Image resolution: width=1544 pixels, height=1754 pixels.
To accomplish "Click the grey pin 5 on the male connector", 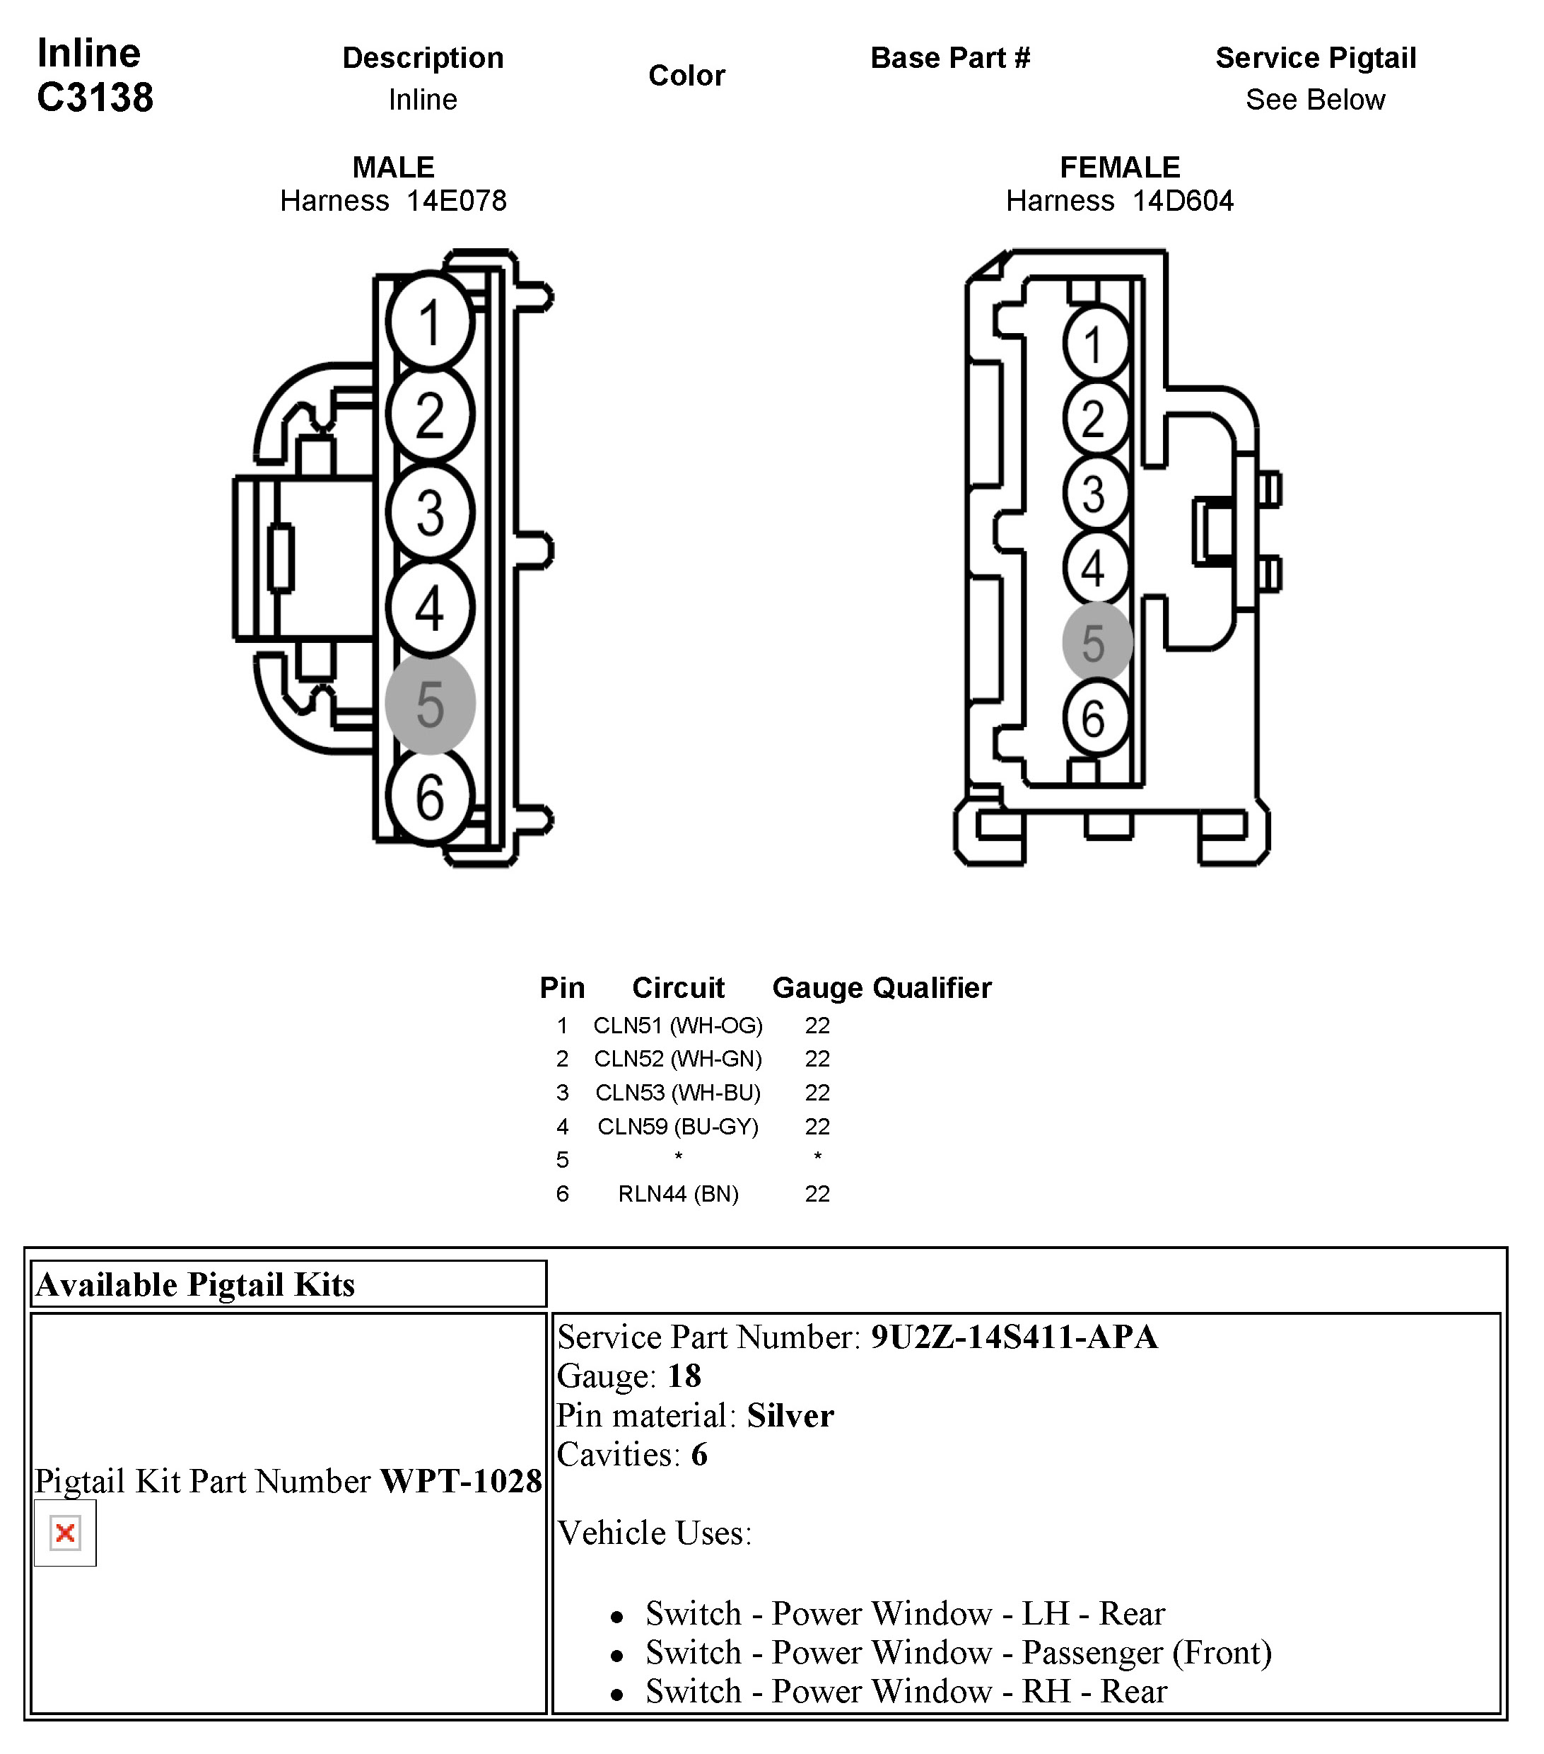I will click(430, 704).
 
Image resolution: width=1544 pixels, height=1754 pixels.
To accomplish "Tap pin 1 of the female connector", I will click(1095, 345).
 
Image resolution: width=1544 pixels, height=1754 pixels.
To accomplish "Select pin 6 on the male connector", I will click(430, 796).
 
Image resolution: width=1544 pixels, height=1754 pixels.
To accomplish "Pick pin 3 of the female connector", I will click(1095, 494).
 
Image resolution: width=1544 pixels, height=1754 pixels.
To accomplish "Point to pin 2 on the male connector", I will click(430, 414).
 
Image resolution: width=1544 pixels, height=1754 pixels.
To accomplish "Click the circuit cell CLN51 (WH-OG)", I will click(678, 1026).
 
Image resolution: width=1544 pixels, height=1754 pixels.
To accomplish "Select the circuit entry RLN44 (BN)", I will click(678, 1194).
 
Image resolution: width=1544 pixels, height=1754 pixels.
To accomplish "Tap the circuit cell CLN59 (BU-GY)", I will click(678, 1126).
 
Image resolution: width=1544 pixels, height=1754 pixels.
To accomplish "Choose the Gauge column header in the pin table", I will click(817, 988).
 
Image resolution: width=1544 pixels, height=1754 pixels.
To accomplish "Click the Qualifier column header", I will click(932, 988).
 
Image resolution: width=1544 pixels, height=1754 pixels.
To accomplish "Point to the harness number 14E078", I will click(456, 201).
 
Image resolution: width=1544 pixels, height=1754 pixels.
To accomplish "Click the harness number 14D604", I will click(1183, 201).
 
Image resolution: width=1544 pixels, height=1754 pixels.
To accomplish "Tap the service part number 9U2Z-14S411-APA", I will click(1014, 1337).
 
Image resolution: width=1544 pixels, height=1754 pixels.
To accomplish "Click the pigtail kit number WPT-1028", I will click(461, 1480).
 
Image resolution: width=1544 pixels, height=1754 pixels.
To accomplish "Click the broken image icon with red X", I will click(65, 1533).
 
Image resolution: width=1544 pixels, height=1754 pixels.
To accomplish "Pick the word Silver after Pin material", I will click(790, 1415).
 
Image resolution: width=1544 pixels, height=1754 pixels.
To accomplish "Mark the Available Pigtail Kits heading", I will click(196, 1284).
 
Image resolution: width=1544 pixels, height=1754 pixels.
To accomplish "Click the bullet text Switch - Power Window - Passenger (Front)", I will click(958, 1652).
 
